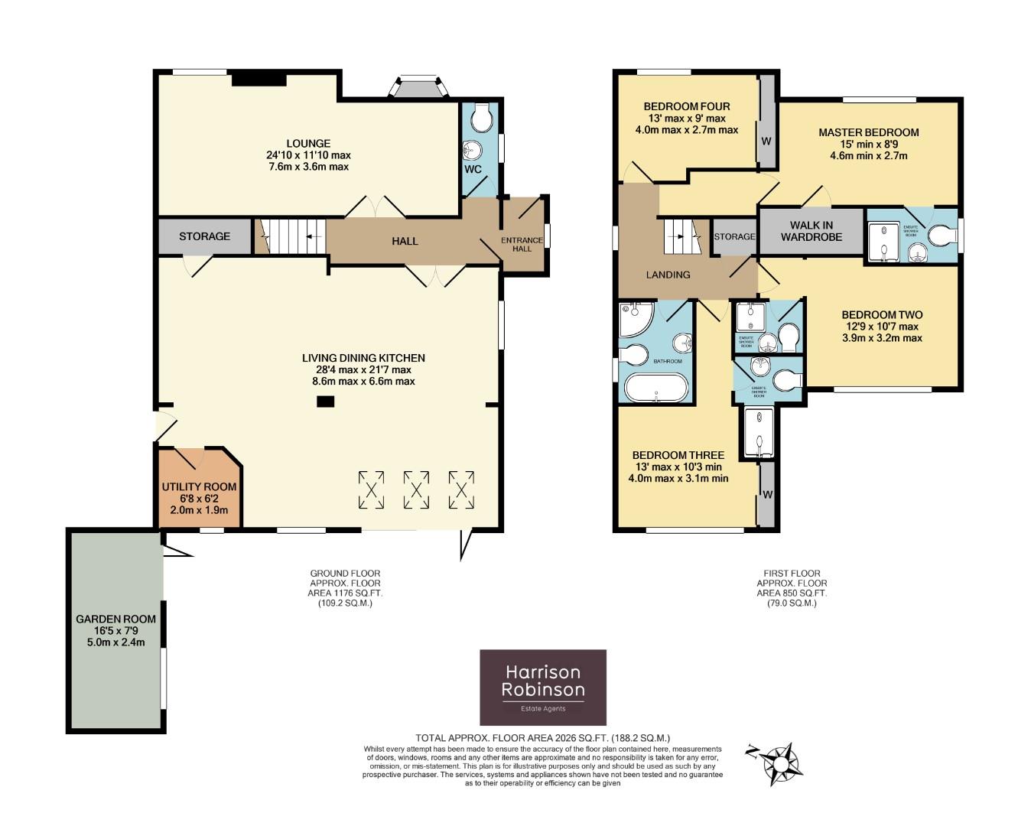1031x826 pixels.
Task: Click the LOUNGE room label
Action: pyautogui.click(x=308, y=143)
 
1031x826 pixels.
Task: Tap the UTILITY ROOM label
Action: pyautogui.click(x=199, y=486)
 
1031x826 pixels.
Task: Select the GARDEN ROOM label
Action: pyautogui.click(x=115, y=619)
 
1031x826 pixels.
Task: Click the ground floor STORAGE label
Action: pyautogui.click(x=204, y=236)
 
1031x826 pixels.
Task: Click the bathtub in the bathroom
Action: pyautogui.click(x=655, y=388)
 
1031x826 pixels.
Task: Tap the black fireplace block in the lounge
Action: pyautogui.click(x=259, y=79)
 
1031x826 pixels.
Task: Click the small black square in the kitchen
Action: pyautogui.click(x=326, y=402)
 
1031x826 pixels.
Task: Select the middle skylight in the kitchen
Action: pyautogui.click(x=417, y=489)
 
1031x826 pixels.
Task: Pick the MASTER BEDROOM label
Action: pyautogui.click(x=868, y=132)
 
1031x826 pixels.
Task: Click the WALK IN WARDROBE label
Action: pyautogui.click(x=811, y=231)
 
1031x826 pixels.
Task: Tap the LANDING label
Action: pyautogui.click(x=668, y=275)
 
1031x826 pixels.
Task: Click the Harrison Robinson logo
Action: pyautogui.click(x=542, y=687)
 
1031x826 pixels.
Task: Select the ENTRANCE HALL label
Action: pyautogui.click(x=522, y=244)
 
